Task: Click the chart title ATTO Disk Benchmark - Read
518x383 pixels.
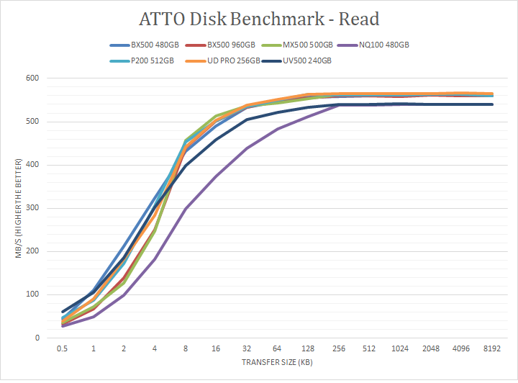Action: [259, 19]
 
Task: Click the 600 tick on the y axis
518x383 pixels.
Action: [32, 78]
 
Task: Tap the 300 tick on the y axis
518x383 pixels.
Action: [32, 208]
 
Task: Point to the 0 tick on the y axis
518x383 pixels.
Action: [37, 338]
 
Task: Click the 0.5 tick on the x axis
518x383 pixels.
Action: [62, 349]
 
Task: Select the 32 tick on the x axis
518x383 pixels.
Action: [247, 349]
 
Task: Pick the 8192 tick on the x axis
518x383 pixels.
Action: [492, 349]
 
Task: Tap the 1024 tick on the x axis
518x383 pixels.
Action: [400, 349]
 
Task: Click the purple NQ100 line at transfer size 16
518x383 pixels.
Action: [216, 176]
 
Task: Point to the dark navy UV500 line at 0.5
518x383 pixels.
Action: [63, 312]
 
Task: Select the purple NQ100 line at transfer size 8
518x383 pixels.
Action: [186, 209]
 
